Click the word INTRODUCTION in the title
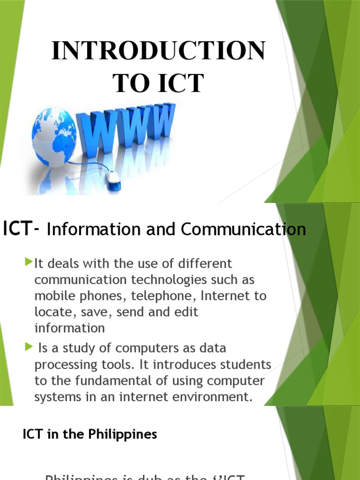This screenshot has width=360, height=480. click(158, 51)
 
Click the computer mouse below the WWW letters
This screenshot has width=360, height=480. click(112, 180)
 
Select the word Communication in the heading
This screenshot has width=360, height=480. click(243, 229)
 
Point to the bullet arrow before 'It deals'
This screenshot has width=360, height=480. click(30, 260)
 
